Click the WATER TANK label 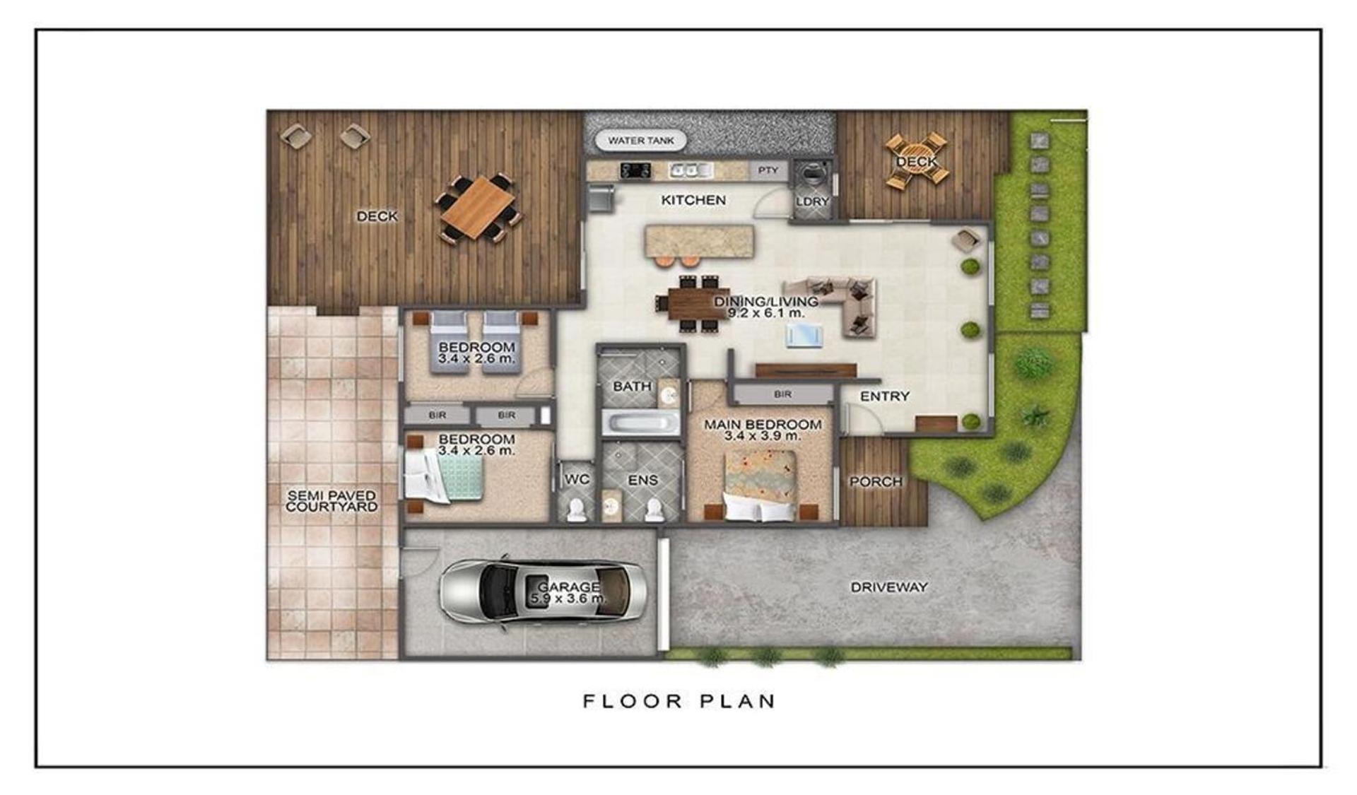641,141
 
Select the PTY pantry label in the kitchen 768,170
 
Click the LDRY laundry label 812,201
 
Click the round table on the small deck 916,161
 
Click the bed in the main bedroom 760,487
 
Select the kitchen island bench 699,242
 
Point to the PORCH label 876,482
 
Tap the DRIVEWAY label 888,587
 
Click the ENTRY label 884,396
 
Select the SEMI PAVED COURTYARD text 331,501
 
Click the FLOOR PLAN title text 679,701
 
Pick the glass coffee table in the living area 805,336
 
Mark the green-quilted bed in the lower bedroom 444,476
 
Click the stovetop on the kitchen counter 635,170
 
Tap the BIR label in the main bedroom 782,394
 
